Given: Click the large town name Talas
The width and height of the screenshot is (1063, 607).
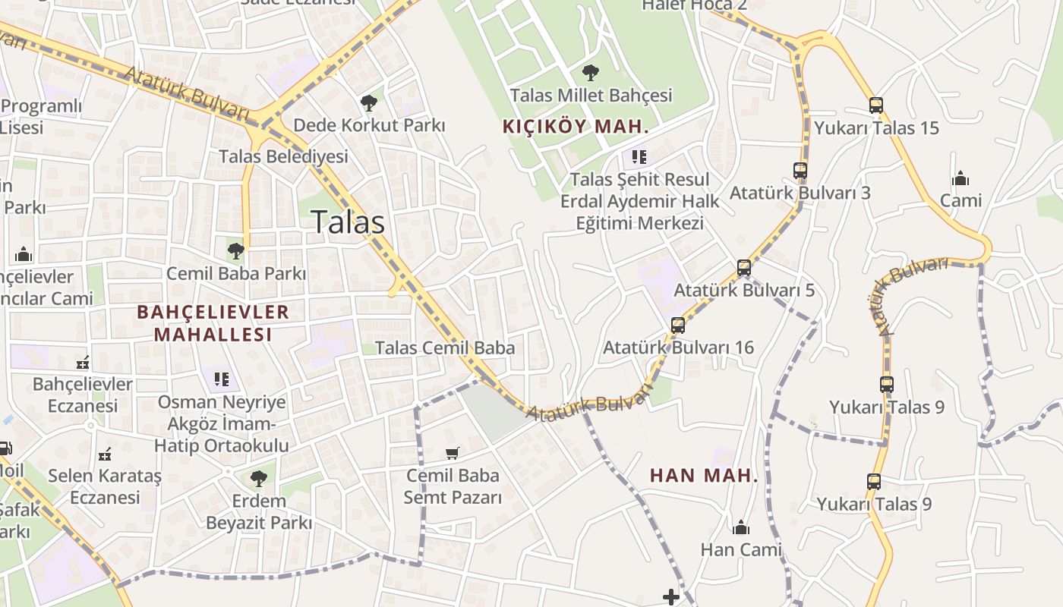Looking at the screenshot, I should tap(349, 222).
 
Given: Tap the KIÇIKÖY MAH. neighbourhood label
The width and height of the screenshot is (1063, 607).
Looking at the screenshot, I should tap(576, 127).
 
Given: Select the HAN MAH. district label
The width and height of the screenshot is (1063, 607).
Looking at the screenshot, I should tap(704, 476).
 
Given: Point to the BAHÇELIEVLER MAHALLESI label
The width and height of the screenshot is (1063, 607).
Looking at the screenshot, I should tap(213, 322).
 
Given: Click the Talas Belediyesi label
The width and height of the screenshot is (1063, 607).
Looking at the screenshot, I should tap(283, 156).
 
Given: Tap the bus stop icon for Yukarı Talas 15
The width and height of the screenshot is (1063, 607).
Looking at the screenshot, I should tap(875, 105).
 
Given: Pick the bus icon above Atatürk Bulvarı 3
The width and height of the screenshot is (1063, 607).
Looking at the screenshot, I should tap(800, 171).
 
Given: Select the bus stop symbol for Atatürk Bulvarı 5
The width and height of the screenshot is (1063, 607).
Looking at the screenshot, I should tap(744, 268).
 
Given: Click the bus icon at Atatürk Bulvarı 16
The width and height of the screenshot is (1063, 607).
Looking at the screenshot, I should tap(677, 326).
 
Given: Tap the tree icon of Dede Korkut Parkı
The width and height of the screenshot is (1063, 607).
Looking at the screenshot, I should tap(369, 102).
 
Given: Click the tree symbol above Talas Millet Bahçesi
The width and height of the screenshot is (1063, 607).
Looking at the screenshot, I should tap(590, 73).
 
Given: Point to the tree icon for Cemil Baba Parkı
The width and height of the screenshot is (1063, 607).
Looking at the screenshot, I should tap(235, 250).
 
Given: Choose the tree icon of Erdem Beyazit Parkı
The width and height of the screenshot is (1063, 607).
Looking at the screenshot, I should tap(259, 478).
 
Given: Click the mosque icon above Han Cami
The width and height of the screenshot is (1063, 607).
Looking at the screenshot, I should tap(740, 527).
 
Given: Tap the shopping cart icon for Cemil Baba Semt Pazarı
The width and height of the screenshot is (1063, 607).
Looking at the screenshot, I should tap(453, 454).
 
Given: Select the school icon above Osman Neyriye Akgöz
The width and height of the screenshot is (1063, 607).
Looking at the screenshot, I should tap(222, 379).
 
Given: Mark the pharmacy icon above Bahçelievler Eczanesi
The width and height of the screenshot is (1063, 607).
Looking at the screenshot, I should tap(83, 363).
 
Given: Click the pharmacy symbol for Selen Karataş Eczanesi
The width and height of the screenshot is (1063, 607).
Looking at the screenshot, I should tap(105, 454).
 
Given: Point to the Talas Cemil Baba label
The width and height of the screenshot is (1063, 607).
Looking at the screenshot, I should tap(445, 348).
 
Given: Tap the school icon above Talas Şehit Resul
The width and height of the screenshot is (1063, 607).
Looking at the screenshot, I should tap(639, 157).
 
